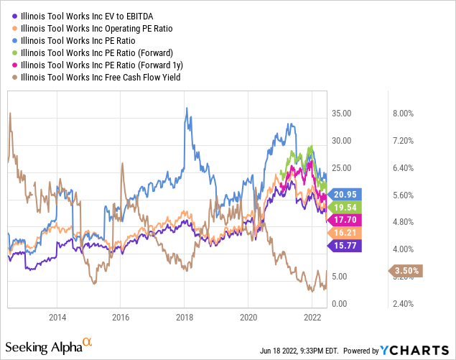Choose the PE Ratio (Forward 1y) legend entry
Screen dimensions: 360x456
tap(93, 64)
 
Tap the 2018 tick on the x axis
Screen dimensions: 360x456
tap(185, 316)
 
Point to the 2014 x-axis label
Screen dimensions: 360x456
tap(57, 316)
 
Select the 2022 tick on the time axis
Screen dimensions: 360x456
tap(312, 316)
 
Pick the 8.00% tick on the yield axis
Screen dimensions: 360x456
tap(403, 114)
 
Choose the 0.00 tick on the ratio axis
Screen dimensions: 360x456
tap(343, 304)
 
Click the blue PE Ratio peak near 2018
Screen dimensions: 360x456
tap(187, 109)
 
